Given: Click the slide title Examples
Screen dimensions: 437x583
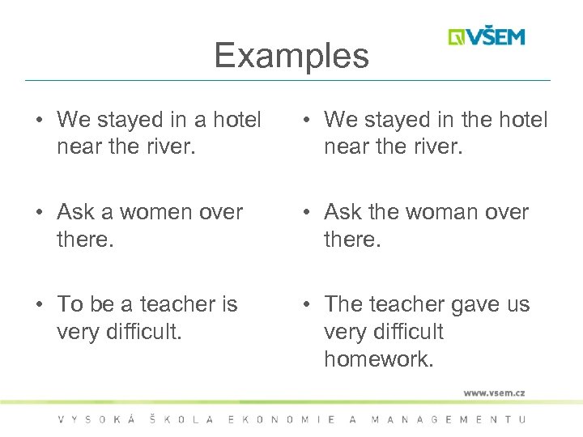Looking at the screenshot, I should coord(291,56).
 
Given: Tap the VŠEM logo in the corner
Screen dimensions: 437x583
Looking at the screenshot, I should coord(487,37).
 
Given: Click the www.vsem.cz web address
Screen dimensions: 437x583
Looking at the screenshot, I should coord(494,392).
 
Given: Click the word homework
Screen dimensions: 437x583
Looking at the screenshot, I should coord(378,359).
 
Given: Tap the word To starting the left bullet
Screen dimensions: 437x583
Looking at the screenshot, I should coord(70,304).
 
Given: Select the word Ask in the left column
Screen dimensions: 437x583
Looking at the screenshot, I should coord(75,212).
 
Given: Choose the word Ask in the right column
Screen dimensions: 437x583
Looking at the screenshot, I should coord(343,212).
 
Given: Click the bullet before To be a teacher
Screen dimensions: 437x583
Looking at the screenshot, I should coord(39,305).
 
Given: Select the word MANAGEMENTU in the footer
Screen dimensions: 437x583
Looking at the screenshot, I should coord(448,419).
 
